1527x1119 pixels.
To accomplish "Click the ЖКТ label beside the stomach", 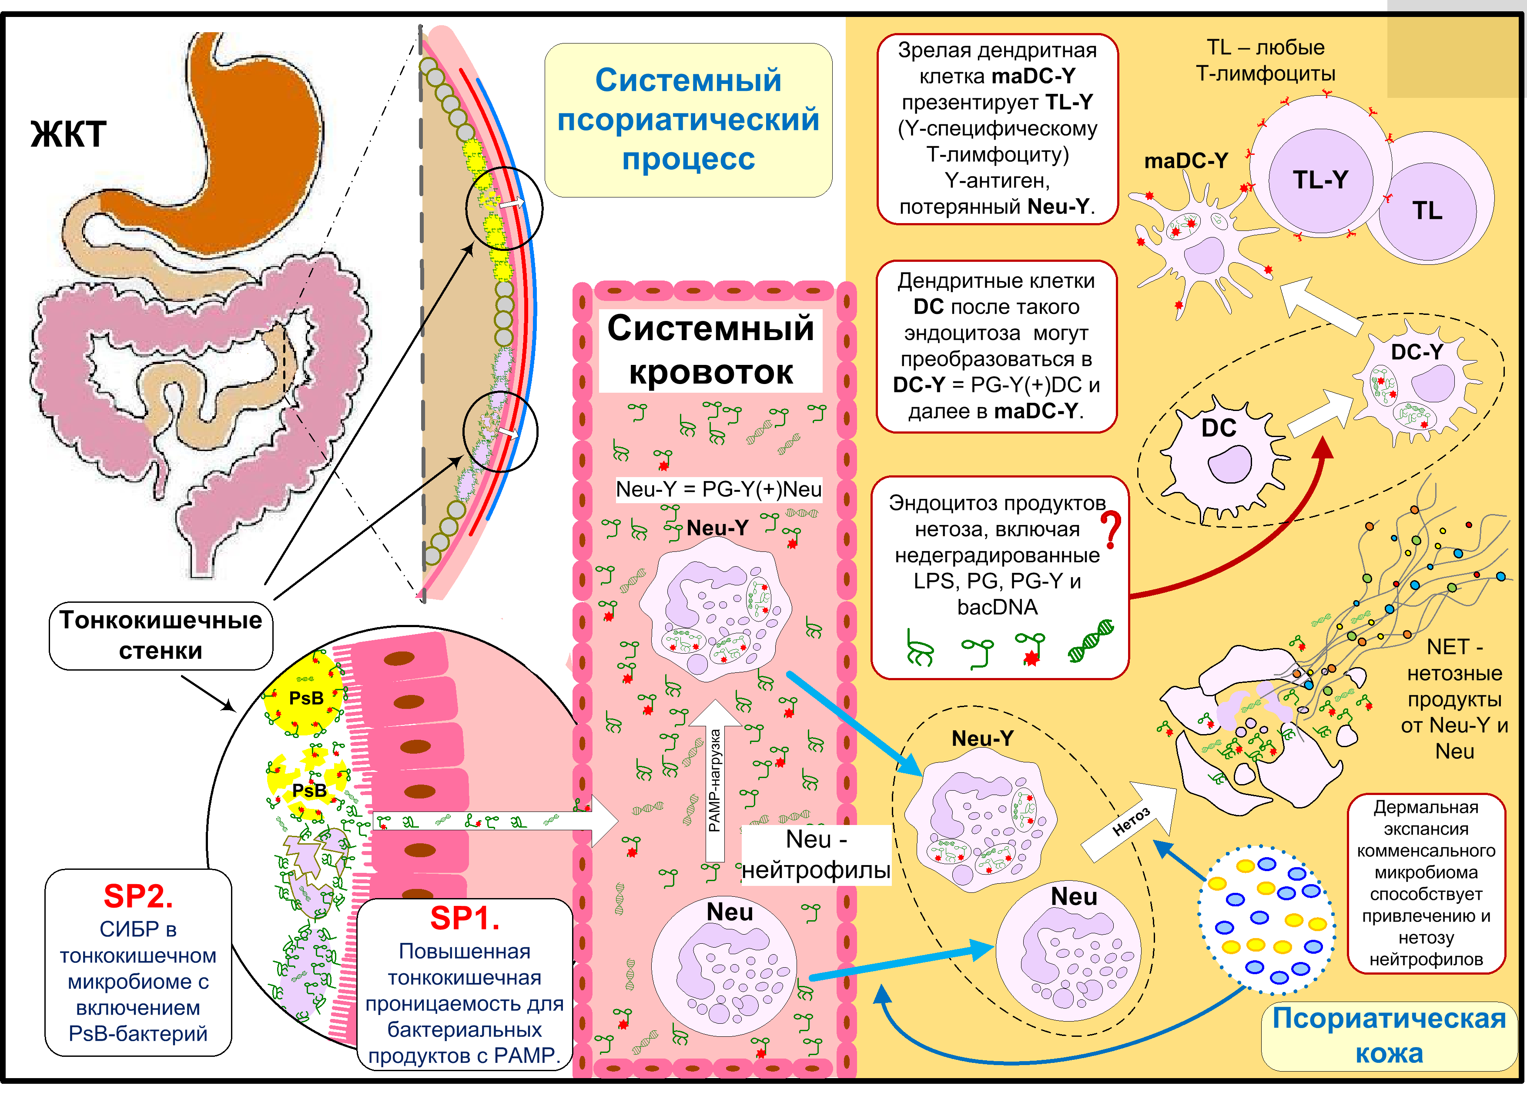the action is click(x=68, y=134).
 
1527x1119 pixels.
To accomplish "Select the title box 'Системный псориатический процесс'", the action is click(x=688, y=120).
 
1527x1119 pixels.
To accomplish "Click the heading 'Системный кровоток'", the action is click(x=711, y=350).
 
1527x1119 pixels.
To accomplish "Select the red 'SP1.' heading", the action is click(x=465, y=918).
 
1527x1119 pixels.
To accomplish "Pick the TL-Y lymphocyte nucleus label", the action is click(x=1320, y=180).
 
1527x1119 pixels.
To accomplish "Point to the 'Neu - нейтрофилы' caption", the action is click(x=816, y=855).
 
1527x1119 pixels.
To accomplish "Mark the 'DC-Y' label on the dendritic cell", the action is click(x=1416, y=351).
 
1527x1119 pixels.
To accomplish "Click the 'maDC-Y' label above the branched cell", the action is click(x=1185, y=160).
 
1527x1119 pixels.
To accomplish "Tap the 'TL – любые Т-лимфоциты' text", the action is click(x=1266, y=60).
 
